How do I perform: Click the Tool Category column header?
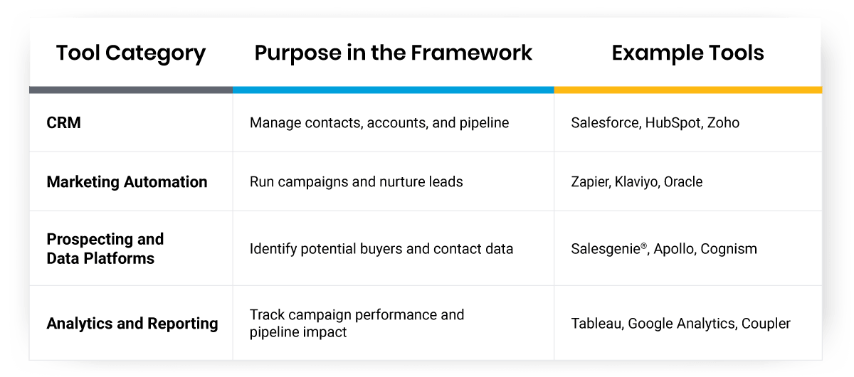pyautogui.click(x=131, y=53)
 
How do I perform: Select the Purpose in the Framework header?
pyautogui.click(x=394, y=53)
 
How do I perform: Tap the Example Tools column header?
pyautogui.click(x=687, y=53)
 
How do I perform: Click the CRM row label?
pyautogui.click(x=64, y=123)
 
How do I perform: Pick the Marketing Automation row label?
pyautogui.click(x=127, y=182)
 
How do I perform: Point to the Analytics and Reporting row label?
pyautogui.click(x=132, y=324)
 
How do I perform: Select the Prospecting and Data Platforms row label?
pyautogui.click(x=105, y=249)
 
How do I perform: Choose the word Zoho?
pyautogui.click(x=723, y=123)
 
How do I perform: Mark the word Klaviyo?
pyautogui.click(x=638, y=182)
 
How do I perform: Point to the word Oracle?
pyautogui.click(x=683, y=182)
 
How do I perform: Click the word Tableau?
pyautogui.click(x=596, y=324)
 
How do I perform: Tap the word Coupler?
pyautogui.click(x=766, y=324)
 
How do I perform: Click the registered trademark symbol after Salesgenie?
pyautogui.click(x=644, y=244)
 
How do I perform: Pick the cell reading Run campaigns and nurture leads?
pyautogui.click(x=356, y=182)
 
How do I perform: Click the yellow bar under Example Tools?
pyautogui.click(x=687, y=90)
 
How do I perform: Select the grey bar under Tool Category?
pyautogui.click(x=131, y=90)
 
